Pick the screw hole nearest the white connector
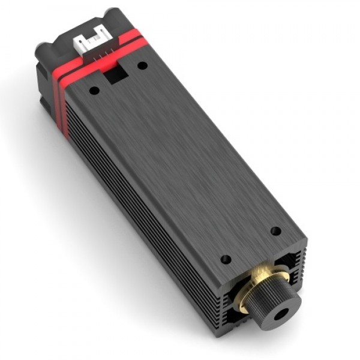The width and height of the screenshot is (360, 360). (x=142, y=65)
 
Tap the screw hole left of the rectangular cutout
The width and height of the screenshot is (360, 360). (x=94, y=91)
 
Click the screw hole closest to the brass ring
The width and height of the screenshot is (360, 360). (x=226, y=259)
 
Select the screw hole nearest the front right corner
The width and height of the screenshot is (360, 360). (x=275, y=230)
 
